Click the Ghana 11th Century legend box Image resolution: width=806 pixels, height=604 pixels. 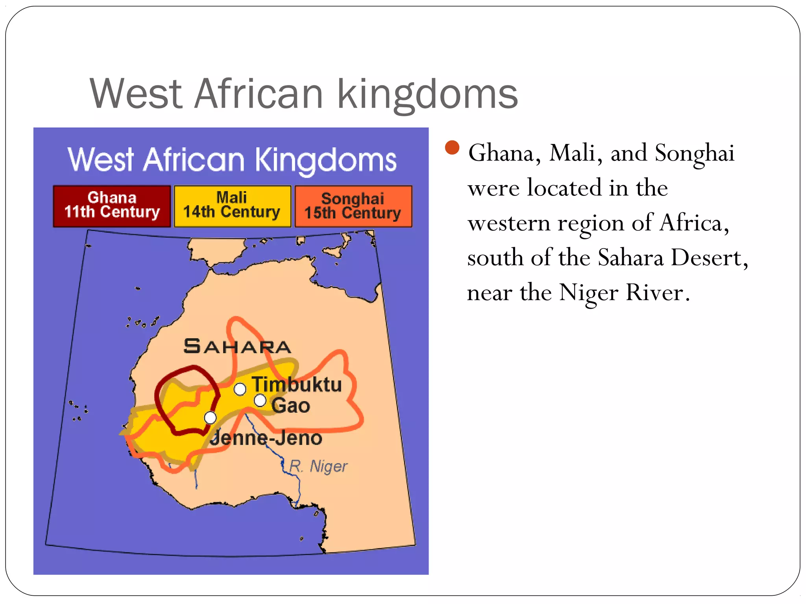(x=112, y=206)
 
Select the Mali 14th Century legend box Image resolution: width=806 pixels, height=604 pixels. (x=232, y=206)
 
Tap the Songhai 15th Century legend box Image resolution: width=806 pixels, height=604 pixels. (x=353, y=206)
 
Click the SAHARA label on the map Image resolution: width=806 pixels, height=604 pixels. (x=237, y=346)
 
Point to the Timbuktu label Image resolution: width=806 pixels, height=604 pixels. (x=297, y=384)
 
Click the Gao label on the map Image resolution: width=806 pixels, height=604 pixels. (x=290, y=405)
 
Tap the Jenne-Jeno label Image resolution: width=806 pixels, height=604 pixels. (x=266, y=438)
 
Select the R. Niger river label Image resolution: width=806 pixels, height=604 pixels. (x=318, y=466)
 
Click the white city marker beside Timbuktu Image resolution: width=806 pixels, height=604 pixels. (x=240, y=389)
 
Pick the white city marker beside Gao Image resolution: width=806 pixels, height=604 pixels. (x=260, y=401)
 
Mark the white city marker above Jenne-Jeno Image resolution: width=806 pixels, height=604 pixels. (x=210, y=418)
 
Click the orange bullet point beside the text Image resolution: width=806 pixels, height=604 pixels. (x=452, y=147)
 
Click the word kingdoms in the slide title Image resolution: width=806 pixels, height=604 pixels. (x=428, y=94)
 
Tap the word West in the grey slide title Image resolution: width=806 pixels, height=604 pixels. (x=136, y=94)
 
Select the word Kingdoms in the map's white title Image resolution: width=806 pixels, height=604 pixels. (x=326, y=160)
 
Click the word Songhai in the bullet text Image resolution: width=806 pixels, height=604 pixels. (x=695, y=153)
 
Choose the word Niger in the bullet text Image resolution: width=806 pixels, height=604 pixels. (x=588, y=293)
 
